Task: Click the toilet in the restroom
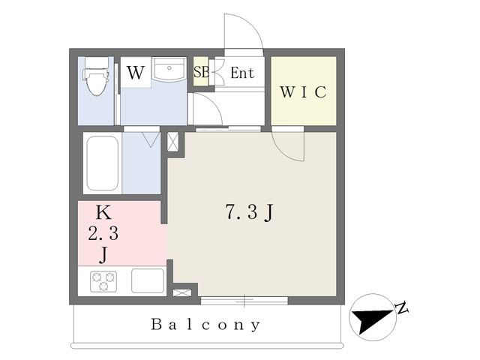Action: (x=95, y=79)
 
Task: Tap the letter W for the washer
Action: (x=135, y=73)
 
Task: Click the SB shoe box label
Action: (x=201, y=73)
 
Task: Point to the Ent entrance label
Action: (x=242, y=73)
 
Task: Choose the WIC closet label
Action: (x=303, y=92)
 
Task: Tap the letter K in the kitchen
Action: (x=103, y=213)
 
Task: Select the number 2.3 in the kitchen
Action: (x=104, y=233)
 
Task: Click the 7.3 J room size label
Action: (x=248, y=213)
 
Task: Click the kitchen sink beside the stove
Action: (x=147, y=280)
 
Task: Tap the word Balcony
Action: (x=206, y=325)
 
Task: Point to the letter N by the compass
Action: (x=402, y=307)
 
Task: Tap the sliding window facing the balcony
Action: (x=244, y=301)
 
